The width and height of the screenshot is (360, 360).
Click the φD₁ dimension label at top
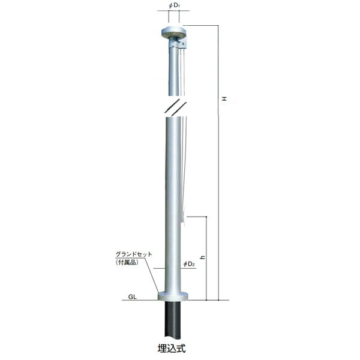174,5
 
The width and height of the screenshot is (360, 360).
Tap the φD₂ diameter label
189,264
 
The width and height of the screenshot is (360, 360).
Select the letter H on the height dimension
224,99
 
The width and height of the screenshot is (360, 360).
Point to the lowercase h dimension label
203,257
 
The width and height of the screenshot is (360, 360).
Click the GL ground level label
133,296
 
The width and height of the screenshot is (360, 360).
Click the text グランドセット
134,254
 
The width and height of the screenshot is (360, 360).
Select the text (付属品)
127,262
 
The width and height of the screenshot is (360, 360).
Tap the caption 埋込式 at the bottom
172,348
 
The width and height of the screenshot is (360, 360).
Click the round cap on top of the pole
174,32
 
